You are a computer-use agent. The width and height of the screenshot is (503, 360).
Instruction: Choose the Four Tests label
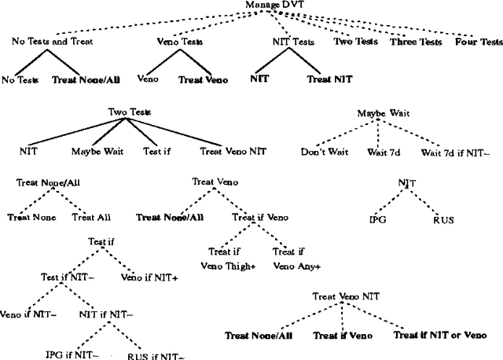pos(478,41)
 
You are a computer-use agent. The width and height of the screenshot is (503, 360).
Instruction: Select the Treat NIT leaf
pos(330,79)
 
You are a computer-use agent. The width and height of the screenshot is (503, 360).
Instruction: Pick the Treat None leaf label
pos(32,217)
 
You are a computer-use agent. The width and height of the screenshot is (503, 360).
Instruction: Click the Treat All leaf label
pos(89,217)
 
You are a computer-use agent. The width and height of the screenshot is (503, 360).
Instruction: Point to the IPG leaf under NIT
pos(379,219)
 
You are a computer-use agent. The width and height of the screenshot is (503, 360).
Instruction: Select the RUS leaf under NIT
pos(444,219)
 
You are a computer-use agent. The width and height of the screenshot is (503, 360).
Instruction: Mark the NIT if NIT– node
pos(106,314)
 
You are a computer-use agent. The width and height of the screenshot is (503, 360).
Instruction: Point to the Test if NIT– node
pos(68,276)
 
